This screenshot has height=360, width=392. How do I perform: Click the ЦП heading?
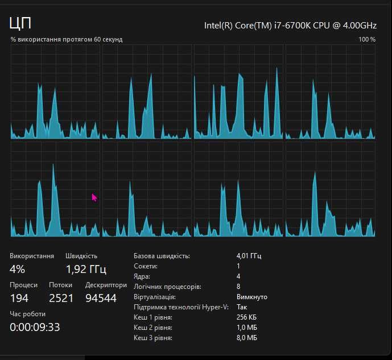(x=20, y=23)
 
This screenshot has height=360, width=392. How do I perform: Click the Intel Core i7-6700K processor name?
(x=290, y=25)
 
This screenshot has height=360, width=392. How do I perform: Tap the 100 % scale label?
(x=367, y=39)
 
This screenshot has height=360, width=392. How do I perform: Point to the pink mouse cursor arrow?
(x=94, y=197)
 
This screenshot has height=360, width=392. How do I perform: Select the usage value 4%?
(x=18, y=269)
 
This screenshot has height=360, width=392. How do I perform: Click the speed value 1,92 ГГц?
(x=86, y=269)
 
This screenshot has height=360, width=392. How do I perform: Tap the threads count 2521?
(x=61, y=298)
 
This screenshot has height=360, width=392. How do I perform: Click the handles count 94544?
(x=101, y=298)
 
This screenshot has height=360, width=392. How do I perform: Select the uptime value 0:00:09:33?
(x=35, y=327)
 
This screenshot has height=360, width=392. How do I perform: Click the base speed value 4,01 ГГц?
(x=249, y=256)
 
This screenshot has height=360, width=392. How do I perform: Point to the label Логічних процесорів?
(x=167, y=287)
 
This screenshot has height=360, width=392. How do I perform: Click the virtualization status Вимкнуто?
(x=251, y=297)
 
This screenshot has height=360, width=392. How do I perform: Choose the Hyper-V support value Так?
(x=242, y=307)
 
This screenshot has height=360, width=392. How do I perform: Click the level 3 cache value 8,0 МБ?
(x=247, y=338)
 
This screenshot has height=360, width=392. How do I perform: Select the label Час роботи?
(x=27, y=314)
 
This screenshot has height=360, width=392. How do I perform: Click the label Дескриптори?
(x=106, y=285)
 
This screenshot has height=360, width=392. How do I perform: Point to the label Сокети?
(x=146, y=266)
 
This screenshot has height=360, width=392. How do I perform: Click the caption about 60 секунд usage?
(x=66, y=39)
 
